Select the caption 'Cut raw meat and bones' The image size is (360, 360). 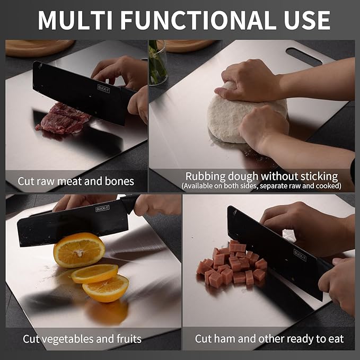point(76,181)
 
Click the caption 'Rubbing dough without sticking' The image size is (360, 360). point(261,176)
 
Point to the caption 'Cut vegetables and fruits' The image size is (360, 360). point(82,338)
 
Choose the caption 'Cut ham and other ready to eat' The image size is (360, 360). point(269,338)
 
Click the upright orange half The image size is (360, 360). point(79,250)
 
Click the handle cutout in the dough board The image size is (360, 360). point(303,56)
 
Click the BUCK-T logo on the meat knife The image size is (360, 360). point(103,87)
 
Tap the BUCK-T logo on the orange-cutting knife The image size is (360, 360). point(102,209)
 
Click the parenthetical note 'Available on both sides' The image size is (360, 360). point(268,187)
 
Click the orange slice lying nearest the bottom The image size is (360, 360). point(106,288)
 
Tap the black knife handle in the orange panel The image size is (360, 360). point(130,202)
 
